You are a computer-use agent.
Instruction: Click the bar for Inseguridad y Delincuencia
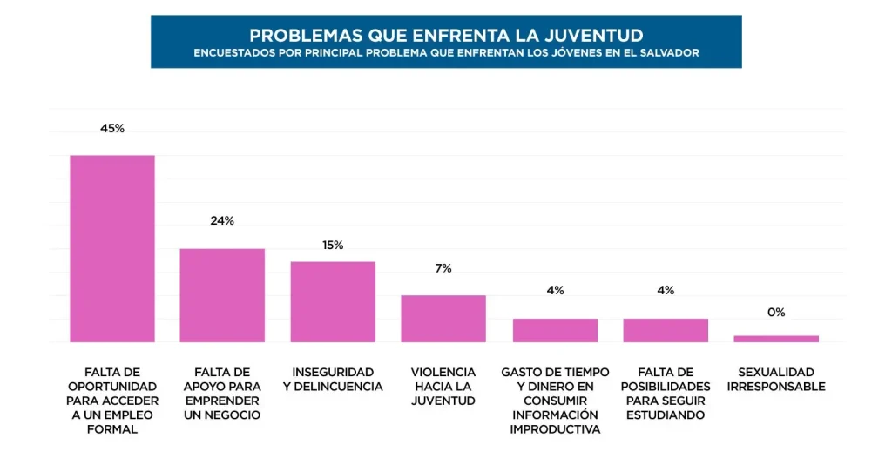pyautogui.click(x=333, y=301)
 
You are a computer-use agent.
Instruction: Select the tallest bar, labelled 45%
pyautogui.click(x=112, y=248)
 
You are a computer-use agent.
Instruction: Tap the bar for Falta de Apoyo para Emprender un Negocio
pyautogui.click(x=222, y=295)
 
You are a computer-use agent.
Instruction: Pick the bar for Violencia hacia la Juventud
pyautogui.click(x=443, y=319)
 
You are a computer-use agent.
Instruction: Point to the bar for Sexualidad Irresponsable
pyautogui.click(x=776, y=339)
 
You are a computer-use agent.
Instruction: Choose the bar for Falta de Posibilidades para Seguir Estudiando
pyautogui.click(x=666, y=330)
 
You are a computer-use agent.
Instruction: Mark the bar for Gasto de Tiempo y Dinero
pyautogui.click(x=555, y=330)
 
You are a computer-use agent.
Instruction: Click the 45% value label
pyautogui.click(x=112, y=128)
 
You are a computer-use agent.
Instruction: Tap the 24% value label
pyautogui.click(x=222, y=220)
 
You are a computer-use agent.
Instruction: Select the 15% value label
pyautogui.click(x=333, y=245)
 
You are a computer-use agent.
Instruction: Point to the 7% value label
pyautogui.click(x=443, y=268)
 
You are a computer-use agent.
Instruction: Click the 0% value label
pyautogui.click(x=776, y=312)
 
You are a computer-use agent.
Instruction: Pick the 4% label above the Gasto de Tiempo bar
pyautogui.click(x=555, y=290)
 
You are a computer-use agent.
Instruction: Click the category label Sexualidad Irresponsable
pyautogui.click(x=776, y=379)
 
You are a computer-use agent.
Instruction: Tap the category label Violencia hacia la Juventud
pyautogui.click(x=443, y=386)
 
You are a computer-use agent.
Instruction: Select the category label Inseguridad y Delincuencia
pyautogui.click(x=333, y=379)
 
